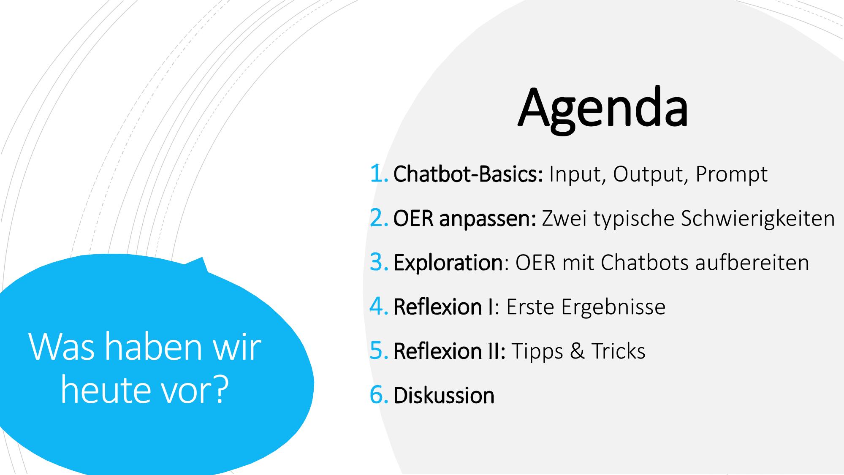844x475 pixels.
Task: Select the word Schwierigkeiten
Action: [758, 219]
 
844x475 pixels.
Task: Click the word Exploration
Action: [448, 263]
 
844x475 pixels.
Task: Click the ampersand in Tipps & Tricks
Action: [577, 351]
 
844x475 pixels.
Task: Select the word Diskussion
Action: [444, 395]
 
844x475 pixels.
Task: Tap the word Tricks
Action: [618, 351]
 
